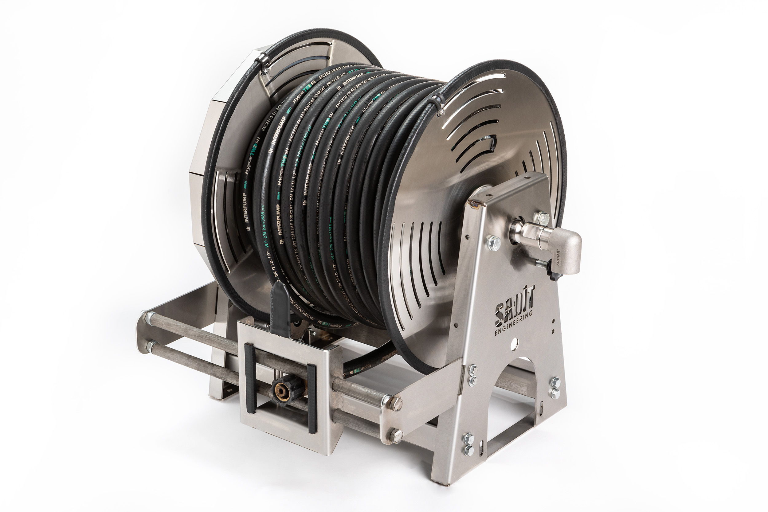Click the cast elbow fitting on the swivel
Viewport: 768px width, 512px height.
pyautogui.click(x=568, y=248)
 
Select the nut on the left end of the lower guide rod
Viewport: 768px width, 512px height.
pyautogui.click(x=150, y=346)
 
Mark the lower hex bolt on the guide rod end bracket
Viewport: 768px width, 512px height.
pyautogui.click(x=396, y=436)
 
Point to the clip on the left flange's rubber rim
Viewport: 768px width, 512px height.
pyautogui.click(x=260, y=62)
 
